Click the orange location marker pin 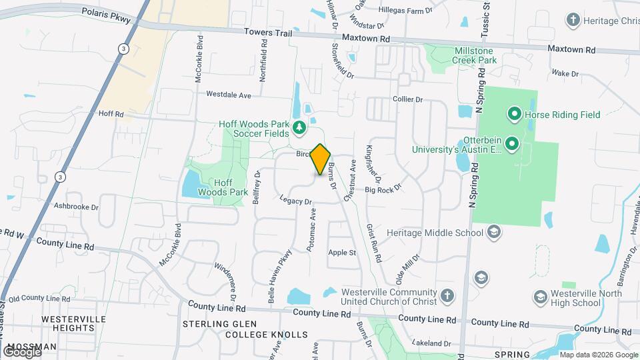(x=321, y=160)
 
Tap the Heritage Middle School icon (x=494, y=232)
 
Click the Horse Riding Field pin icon (x=514, y=115)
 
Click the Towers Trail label (x=268, y=31)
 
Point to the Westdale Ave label (x=228, y=95)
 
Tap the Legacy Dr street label (x=296, y=200)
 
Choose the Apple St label (x=342, y=253)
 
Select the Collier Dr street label (x=408, y=99)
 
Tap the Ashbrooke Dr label (x=76, y=207)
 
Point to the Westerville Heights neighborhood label (x=73, y=323)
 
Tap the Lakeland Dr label (x=431, y=343)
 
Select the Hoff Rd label (x=111, y=114)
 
